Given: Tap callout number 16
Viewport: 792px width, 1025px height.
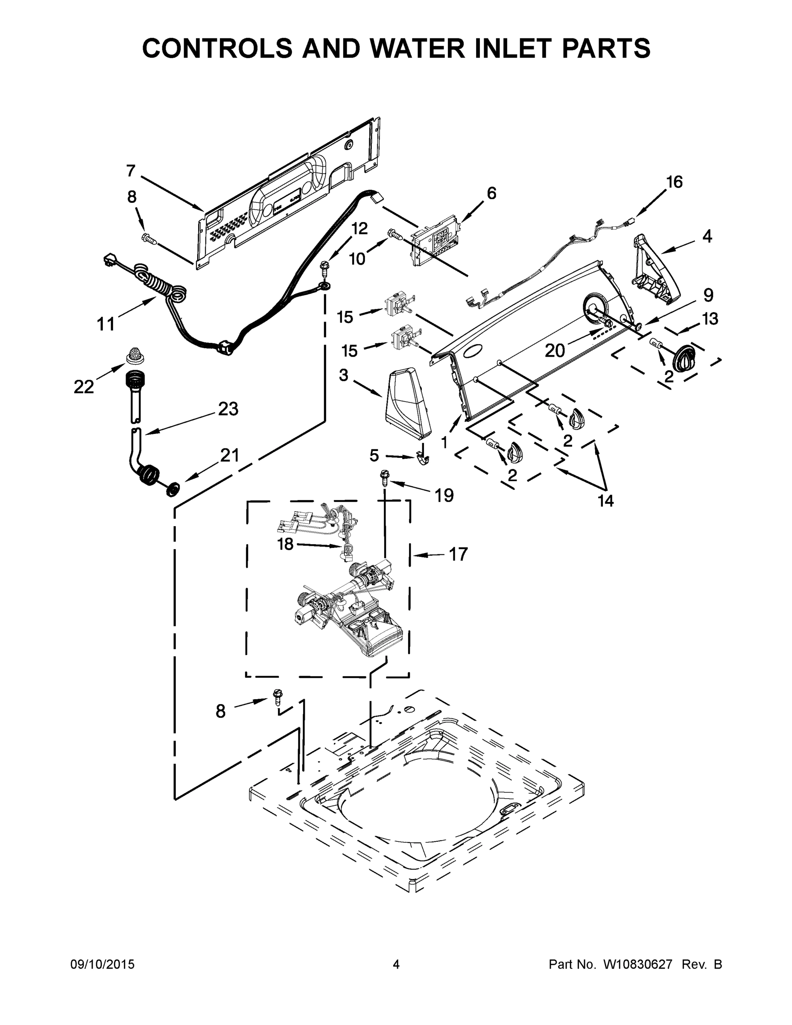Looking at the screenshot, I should click(x=674, y=182).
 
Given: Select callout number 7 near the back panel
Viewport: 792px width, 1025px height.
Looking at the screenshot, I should click(x=131, y=171).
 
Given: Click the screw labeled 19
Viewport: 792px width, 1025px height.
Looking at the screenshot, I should click(x=384, y=478).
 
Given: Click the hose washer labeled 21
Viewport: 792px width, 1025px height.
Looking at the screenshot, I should click(x=173, y=489).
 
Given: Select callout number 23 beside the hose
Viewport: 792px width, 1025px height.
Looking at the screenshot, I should click(x=228, y=409).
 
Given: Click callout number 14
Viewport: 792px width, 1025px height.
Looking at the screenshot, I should click(x=605, y=501).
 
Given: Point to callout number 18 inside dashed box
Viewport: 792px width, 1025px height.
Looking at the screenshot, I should click(x=285, y=544).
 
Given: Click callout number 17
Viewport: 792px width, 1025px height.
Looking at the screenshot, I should click(x=458, y=554).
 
